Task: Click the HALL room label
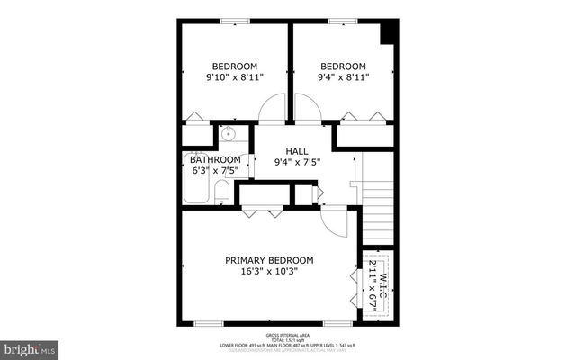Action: (297, 151)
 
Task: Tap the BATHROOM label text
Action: (215, 159)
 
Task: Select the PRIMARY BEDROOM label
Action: (269, 259)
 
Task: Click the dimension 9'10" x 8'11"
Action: (234, 77)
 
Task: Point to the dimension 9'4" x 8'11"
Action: (344, 77)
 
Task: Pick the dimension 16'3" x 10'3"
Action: (269, 271)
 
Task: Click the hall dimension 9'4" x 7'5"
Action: (297, 163)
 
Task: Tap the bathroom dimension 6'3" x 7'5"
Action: (215, 170)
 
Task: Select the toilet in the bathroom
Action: (222, 192)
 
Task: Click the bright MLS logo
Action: (30, 346)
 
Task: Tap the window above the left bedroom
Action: (235, 21)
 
